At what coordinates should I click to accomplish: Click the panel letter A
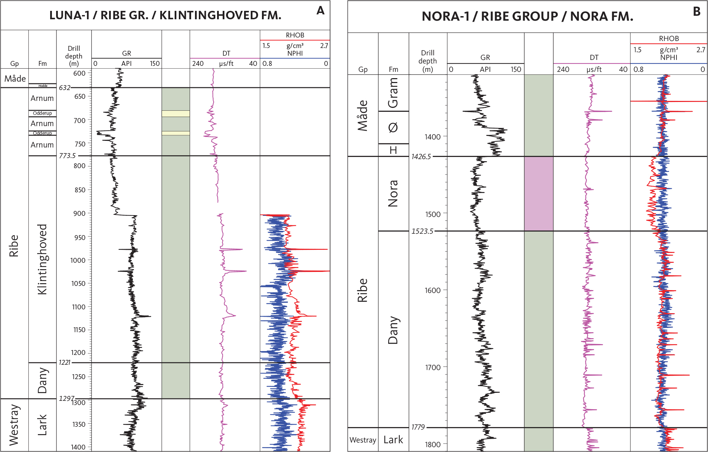coord(320,11)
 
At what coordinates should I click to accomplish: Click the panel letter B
coord(696,12)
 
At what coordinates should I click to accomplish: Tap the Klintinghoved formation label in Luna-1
coord(42,259)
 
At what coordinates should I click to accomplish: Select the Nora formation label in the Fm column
coord(393,193)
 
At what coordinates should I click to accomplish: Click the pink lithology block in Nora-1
coord(539,194)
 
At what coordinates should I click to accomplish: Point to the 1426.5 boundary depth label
coord(421,157)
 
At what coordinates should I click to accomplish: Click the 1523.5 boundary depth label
coord(422,231)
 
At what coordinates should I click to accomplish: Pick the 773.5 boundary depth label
coord(67,156)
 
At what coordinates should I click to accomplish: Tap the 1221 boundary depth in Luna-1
coord(65,362)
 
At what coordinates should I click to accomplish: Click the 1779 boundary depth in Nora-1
coord(418,427)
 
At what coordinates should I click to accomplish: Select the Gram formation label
coord(393,93)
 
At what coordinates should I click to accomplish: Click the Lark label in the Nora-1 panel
coord(393,440)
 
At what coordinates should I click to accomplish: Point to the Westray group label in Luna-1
coord(14,425)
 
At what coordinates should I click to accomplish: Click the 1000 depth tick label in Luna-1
coord(78,260)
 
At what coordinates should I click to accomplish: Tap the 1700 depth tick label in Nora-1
coord(432,367)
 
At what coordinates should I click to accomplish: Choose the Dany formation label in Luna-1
coord(42,381)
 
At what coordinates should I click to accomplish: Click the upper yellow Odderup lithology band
coord(176,114)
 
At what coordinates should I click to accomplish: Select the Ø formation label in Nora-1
coord(393,128)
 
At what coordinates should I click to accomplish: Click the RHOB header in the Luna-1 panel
coord(295,35)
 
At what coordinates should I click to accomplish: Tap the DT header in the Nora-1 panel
coord(594,57)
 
